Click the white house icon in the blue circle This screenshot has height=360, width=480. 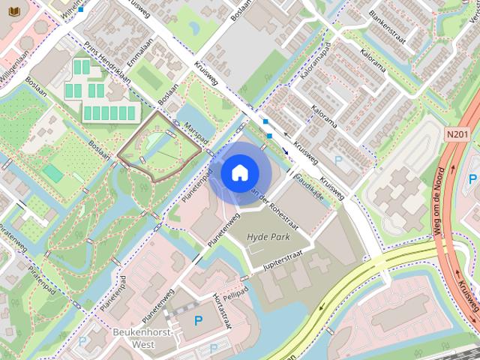[x=239, y=173]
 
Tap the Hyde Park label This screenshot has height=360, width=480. [x=268, y=236]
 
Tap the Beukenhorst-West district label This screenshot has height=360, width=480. [x=143, y=337]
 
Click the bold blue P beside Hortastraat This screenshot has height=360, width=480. [x=198, y=321]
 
